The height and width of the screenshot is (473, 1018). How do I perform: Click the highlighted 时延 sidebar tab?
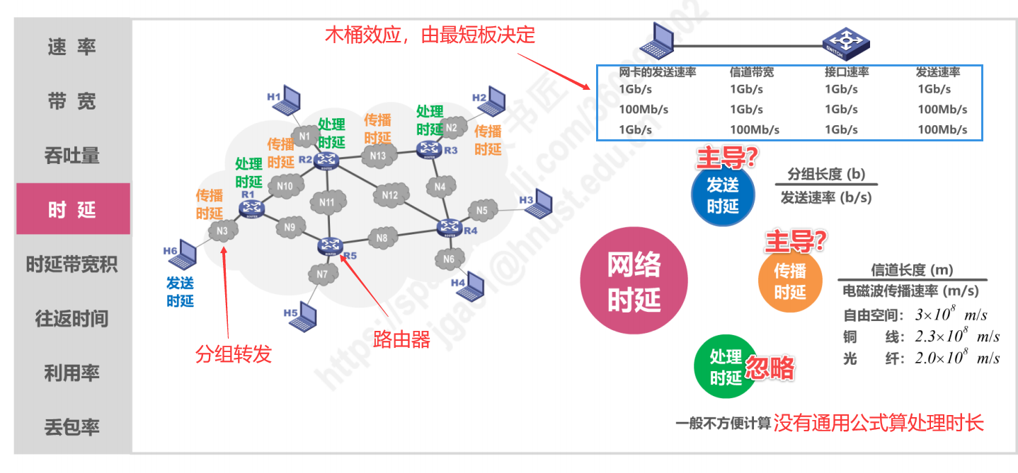pos(72,209)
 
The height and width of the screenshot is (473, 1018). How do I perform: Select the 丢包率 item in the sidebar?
pos(72,427)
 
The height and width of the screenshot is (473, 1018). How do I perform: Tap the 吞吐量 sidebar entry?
pos(72,156)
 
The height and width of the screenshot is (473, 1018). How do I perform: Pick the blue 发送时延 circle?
pos(723,194)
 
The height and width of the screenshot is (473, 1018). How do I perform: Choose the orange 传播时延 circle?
pos(790,281)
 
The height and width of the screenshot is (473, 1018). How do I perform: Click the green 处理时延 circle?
pos(726,367)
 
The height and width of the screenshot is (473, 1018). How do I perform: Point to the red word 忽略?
pos(770,368)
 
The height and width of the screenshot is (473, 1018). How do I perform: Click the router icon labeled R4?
pos(448,228)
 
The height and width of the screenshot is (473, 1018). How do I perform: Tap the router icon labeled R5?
pos(328,246)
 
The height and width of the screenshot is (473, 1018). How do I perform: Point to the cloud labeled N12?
pos(390,195)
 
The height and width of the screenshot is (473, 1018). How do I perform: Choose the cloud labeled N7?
pos(323,274)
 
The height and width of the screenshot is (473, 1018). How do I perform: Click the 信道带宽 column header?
pos(752,72)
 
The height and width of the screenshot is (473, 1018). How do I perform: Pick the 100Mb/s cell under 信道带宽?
pos(755,129)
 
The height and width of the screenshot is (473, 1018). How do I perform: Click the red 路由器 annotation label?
pos(401,340)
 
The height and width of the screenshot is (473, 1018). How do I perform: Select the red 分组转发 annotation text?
pos(234,354)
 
